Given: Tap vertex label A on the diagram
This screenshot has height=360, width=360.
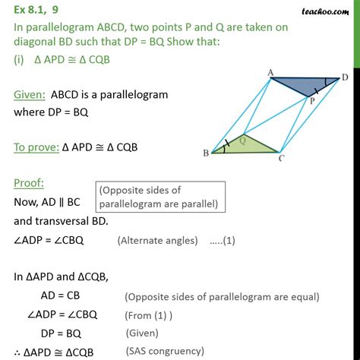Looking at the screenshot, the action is tap(270, 73).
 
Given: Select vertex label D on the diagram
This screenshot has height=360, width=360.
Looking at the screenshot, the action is tap(346, 77).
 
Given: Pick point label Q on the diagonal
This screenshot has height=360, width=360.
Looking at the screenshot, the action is tap(242, 140).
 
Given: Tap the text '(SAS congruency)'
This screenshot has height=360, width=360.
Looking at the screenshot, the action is tap(166, 351).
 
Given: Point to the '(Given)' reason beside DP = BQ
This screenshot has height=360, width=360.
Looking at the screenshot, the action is tap(144, 333).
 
